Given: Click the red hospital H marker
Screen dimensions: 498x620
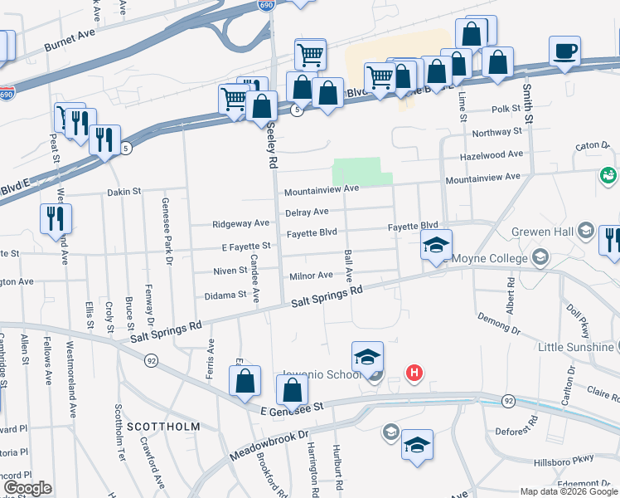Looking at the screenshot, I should pyautogui.click(x=415, y=373).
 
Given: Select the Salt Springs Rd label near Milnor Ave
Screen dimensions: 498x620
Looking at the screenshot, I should pyautogui.click(x=327, y=298).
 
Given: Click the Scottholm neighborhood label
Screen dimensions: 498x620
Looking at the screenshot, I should pyautogui.click(x=163, y=426).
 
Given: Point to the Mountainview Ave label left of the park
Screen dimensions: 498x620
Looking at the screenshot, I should pyautogui.click(x=321, y=190).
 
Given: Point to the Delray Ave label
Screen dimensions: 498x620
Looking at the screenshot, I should pyautogui.click(x=307, y=212).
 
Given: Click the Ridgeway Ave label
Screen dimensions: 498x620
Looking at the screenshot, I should pyautogui.click(x=240, y=223).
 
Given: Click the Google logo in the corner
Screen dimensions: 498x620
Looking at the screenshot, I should pyautogui.click(x=27, y=488).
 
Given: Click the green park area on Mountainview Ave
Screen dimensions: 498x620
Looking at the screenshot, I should pyautogui.click(x=358, y=172).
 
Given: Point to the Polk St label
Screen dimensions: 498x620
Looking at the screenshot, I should pyautogui.click(x=504, y=109).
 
